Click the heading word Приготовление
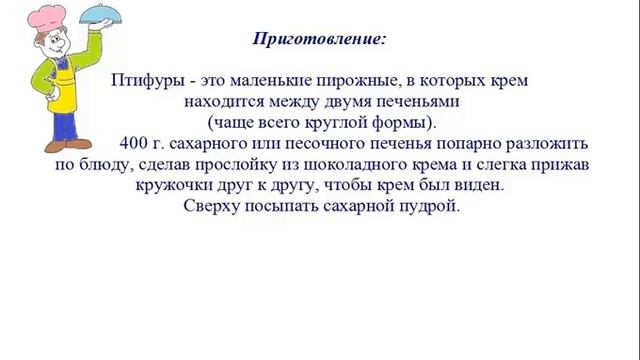319,40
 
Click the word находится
220,101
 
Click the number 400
133,143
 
